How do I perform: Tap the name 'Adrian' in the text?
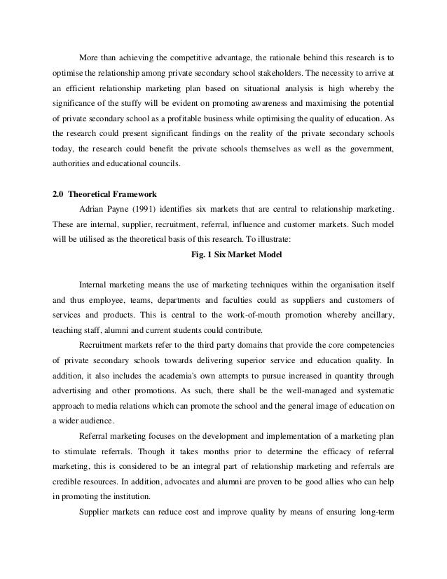(x=94, y=208)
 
